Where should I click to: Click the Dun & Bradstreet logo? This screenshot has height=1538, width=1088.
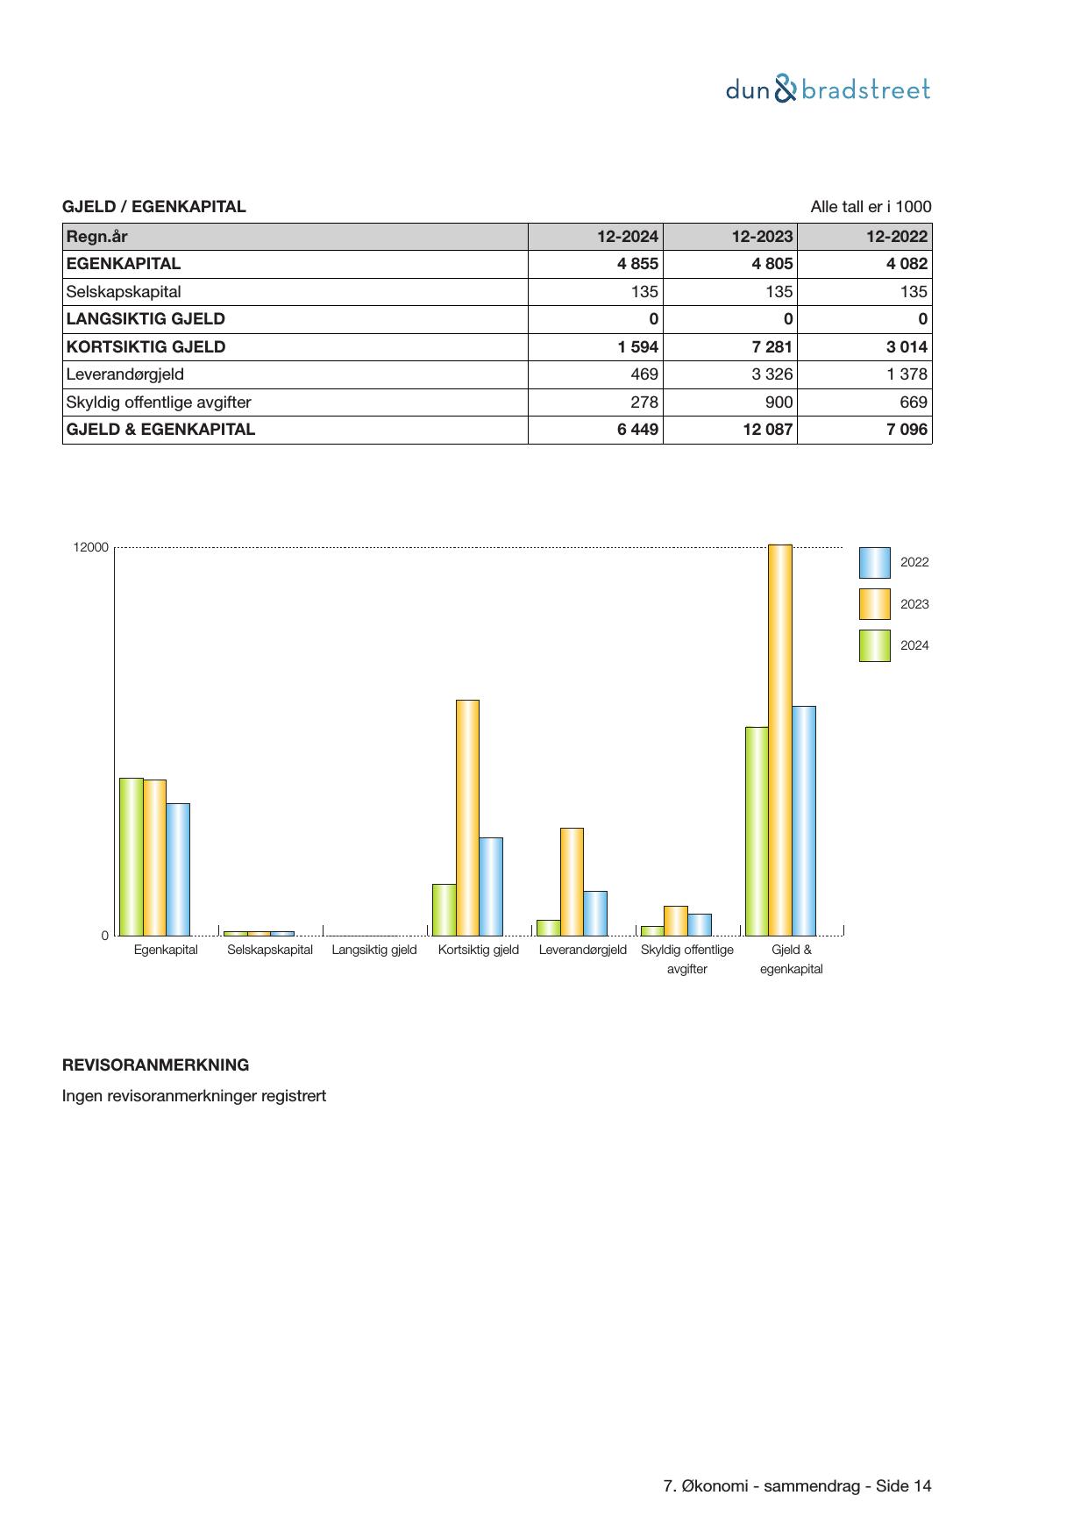point(828,89)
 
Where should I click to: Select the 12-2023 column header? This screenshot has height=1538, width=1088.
point(762,236)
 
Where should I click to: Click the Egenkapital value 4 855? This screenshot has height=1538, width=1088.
point(637,264)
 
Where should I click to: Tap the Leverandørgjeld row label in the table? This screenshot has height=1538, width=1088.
point(125,374)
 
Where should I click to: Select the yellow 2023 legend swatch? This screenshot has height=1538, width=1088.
point(874,604)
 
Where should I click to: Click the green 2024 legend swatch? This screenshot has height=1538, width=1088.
point(874,645)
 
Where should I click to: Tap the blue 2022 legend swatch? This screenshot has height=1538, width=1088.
point(874,563)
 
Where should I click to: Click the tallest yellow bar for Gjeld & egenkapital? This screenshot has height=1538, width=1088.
point(780,740)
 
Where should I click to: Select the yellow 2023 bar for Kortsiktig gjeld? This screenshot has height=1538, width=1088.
point(467,817)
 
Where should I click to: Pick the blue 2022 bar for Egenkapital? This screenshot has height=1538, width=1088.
point(178,869)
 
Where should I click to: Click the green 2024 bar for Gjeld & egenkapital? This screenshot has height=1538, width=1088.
point(757,831)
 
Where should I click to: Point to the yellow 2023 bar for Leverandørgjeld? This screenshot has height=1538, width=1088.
point(572,881)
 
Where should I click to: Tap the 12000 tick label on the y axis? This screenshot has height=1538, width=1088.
point(91,547)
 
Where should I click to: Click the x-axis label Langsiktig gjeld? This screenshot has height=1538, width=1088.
point(374,950)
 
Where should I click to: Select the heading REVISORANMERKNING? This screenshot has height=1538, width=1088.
point(155,1065)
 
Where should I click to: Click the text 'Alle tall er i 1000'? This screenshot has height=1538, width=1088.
point(871,207)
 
